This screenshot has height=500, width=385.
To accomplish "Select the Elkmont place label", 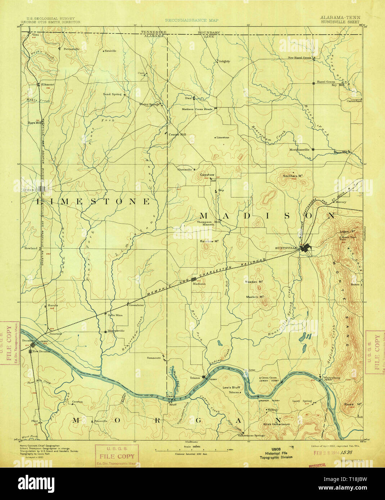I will (x=47, y=85).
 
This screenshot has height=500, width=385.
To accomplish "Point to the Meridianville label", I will (x=300, y=150).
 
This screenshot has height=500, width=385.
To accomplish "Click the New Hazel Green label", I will (x=299, y=58).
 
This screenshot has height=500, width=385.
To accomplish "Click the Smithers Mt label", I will (x=292, y=176).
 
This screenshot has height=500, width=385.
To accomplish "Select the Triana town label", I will (x=195, y=378).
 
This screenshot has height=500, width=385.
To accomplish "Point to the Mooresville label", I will (x=116, y=331).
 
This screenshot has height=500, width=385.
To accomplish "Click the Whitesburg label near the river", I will (x=331, y=378).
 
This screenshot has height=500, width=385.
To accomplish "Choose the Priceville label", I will (x=100, y=421).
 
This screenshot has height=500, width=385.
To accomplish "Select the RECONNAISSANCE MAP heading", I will (x=192, y=21).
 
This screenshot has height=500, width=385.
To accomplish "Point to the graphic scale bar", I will (x=191, y=449).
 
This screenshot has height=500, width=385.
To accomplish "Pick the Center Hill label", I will (x=177, y=135).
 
